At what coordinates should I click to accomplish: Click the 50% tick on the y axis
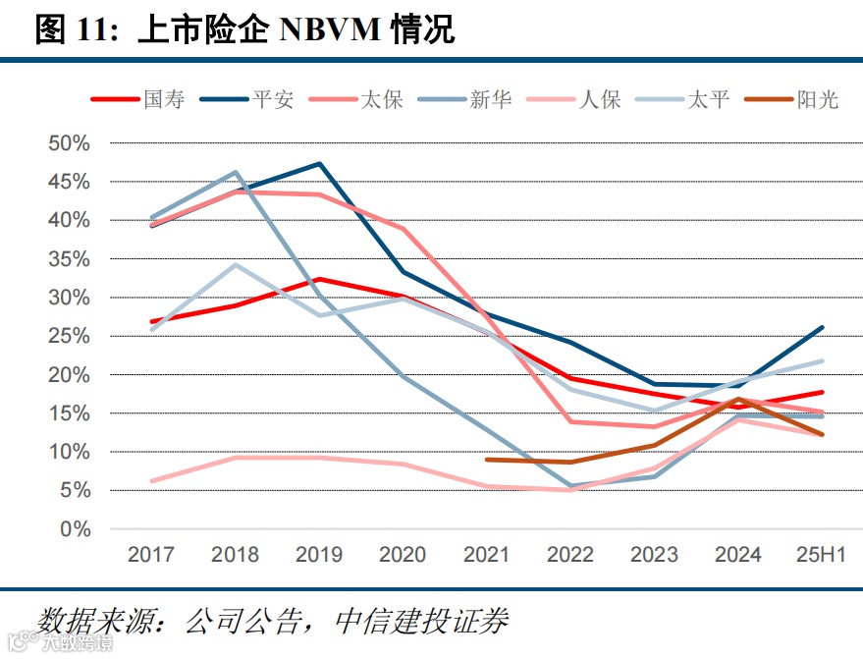coord(70,143)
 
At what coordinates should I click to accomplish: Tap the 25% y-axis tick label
coord(70,336)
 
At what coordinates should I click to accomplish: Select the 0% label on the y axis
coord(75,529)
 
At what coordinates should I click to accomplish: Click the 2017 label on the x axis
coord(152,555)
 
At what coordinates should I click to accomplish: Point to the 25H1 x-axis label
coord(821,555)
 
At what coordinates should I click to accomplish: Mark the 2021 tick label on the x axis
coord(487,555)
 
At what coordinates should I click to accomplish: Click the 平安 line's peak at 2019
coord(319,164)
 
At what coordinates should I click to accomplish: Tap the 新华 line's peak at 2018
coord(236,173)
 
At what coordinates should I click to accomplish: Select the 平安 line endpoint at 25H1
coord(822,327)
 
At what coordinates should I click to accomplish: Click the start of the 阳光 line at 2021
coord(487,460)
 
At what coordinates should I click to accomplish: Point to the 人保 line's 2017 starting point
coord(152,481)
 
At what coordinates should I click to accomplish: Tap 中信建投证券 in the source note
coord(422,621)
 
